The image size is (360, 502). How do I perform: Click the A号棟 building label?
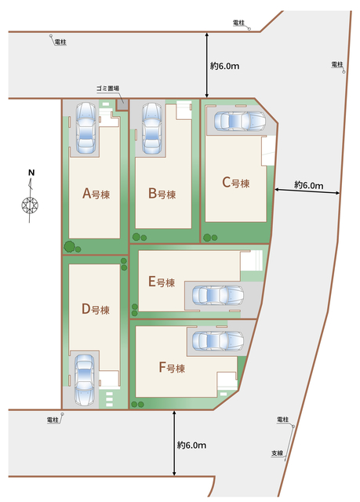(x=96, y=194)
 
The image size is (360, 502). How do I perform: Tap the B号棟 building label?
(x=162, y=194)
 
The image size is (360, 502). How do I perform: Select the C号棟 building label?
(x=236, y=183)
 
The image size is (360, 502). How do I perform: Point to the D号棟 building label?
(x=96, y=309)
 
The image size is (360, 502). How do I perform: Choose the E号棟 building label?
(x=162, y=282)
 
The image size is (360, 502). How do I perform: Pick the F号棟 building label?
(x=172, y=368)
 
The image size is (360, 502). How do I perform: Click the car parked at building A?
(x=85, y=127)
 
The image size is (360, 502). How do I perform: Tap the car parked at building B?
(x=151, y=128)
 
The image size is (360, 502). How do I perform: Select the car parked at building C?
(x=240, y=121)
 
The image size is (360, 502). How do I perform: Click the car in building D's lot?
(x=85, y=379)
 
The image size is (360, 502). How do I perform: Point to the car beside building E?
(x=217, y=295)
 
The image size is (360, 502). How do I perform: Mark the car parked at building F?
(x=217, y=340)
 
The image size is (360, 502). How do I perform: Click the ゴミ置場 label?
(x=108, y=89)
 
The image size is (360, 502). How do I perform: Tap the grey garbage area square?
(x=122, y=104)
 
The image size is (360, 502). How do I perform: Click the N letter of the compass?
(x=31, y=173)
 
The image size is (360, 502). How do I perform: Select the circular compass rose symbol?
(x=30, y=205)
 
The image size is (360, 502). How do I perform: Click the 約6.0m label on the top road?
(x=224, y=66)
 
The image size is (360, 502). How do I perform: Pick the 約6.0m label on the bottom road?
(x=191, y=445)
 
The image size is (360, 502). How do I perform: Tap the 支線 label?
(x=278, y=453)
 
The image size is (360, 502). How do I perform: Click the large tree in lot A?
(x=70, y=246)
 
